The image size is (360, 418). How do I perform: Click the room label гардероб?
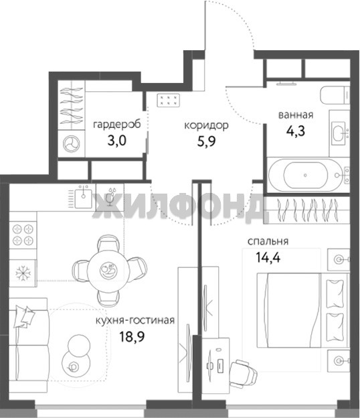117,125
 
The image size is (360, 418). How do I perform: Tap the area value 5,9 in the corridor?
206,141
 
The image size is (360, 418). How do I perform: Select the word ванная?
296,115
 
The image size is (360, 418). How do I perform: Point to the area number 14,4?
268,257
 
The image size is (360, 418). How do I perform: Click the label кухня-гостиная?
135,320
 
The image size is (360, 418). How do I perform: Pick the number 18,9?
132,337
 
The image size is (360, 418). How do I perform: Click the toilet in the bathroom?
335,95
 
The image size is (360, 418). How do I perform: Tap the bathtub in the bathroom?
305,175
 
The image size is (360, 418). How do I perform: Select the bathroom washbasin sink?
339,133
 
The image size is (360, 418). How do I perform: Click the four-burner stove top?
23,235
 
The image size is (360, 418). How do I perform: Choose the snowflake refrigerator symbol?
23,273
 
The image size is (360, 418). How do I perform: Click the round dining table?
108,270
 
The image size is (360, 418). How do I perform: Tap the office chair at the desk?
243,374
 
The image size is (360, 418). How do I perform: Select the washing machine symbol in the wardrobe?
71,143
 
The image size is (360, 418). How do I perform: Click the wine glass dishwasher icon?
110,197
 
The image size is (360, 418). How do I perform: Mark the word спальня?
268,242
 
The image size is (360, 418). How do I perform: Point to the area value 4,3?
296,131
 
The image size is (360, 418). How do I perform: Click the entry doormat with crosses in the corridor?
168,100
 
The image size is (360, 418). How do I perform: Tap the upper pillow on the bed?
335,294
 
